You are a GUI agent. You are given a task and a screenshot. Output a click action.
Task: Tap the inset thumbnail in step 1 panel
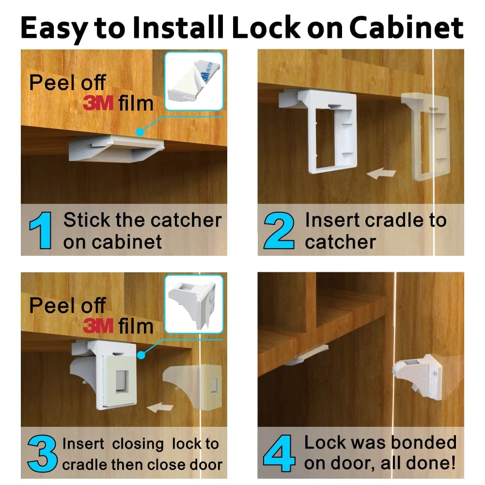(193, 81)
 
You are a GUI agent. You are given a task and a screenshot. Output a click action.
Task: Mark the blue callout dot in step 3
(141, 355)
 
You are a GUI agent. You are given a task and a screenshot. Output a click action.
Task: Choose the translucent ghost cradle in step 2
(425, 136)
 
